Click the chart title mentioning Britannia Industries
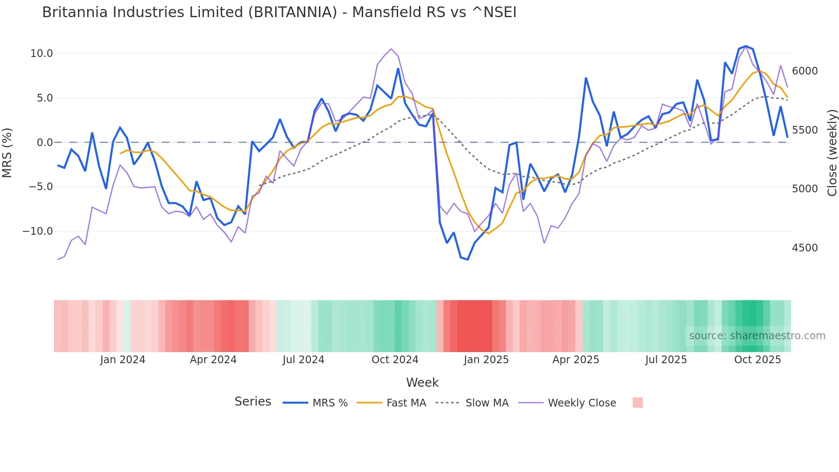pyautogui.click(x=279, y=12)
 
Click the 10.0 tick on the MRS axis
pyautogui.click(x=41, y=54)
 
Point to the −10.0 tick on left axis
pyautogui.click(x=38, y=231)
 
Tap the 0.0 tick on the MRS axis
pyautogui.click(x=45, y=143)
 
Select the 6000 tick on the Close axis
pyautogui.click(x=805, y=71)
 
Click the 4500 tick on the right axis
pyautogui.click(x=805, y=248)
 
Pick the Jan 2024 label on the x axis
pyautogui.click(x=123, y=360)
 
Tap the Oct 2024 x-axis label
pyautogui.click(x=395, y=360)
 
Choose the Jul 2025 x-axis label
pyautogui.click(x=666, y=360)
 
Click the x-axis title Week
pyautogui.click(x=422, y=382)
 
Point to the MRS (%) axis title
pyautogui.click(x=7, y=153)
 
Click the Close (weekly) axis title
pyautogui.click(x=832, y=153)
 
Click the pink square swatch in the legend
pyautogui.click(x=637, y=403)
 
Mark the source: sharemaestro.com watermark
pyautogui.click(x=757, y=336)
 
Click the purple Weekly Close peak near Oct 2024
pyautogui.click(x=391, y=49)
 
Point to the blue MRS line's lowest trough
pyautogui.click(x=467, y=260)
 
